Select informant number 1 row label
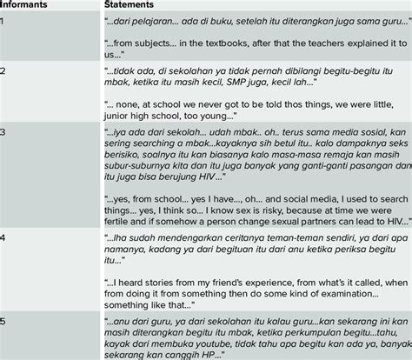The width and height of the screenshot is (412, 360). tap(3, 20)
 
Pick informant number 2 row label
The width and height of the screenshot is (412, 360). tap(3, 68)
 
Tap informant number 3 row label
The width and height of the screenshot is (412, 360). tap(3, 129)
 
